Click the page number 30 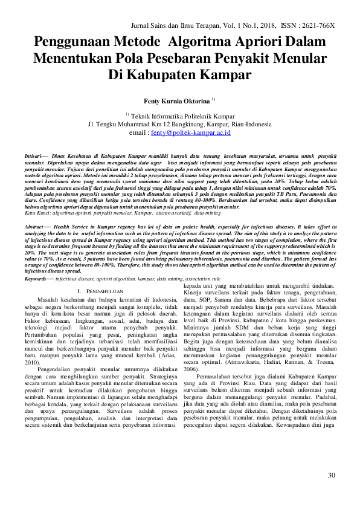pos(331,475)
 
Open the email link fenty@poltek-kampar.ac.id pos(190,132)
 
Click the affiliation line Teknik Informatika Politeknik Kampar pos(182,114)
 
